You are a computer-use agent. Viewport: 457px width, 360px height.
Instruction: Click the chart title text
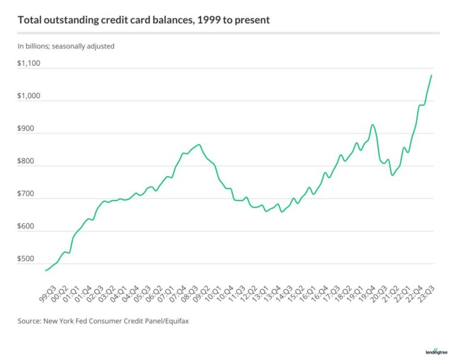click(x=143, y=20)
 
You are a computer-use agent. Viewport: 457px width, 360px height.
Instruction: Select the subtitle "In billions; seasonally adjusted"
click(x=65, y=46)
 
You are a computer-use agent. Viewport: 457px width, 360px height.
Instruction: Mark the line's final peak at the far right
click(x=431, y=75)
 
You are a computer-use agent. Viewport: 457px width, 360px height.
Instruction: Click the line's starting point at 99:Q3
click(x=46, y=271)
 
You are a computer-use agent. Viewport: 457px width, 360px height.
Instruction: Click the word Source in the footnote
click(x=31, y=321)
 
